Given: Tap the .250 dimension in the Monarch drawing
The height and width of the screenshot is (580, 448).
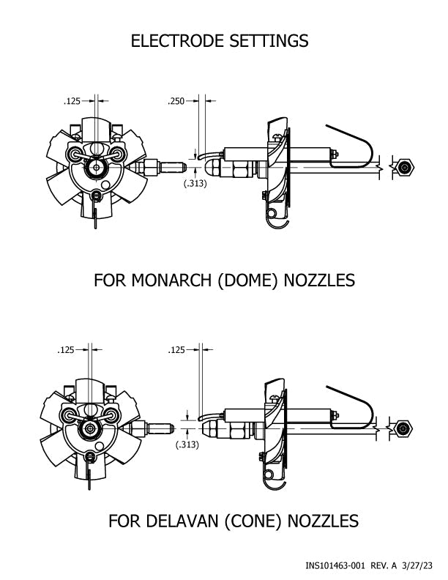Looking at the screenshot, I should coord(176,101).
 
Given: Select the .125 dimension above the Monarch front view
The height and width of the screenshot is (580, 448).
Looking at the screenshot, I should coord(72,101).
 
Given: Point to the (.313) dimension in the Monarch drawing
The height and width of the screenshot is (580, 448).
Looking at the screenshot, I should coord(195,183).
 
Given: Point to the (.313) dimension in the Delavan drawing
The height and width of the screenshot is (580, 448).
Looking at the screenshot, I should coord(187,445).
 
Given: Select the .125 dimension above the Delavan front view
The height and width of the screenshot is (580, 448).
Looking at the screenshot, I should coord(67,351).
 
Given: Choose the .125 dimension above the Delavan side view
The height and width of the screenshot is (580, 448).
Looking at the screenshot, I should coord(178,351).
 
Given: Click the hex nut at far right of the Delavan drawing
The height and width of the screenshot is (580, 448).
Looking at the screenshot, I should coord(401,427).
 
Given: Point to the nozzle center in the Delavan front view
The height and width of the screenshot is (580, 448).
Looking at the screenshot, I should coord(89,428).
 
